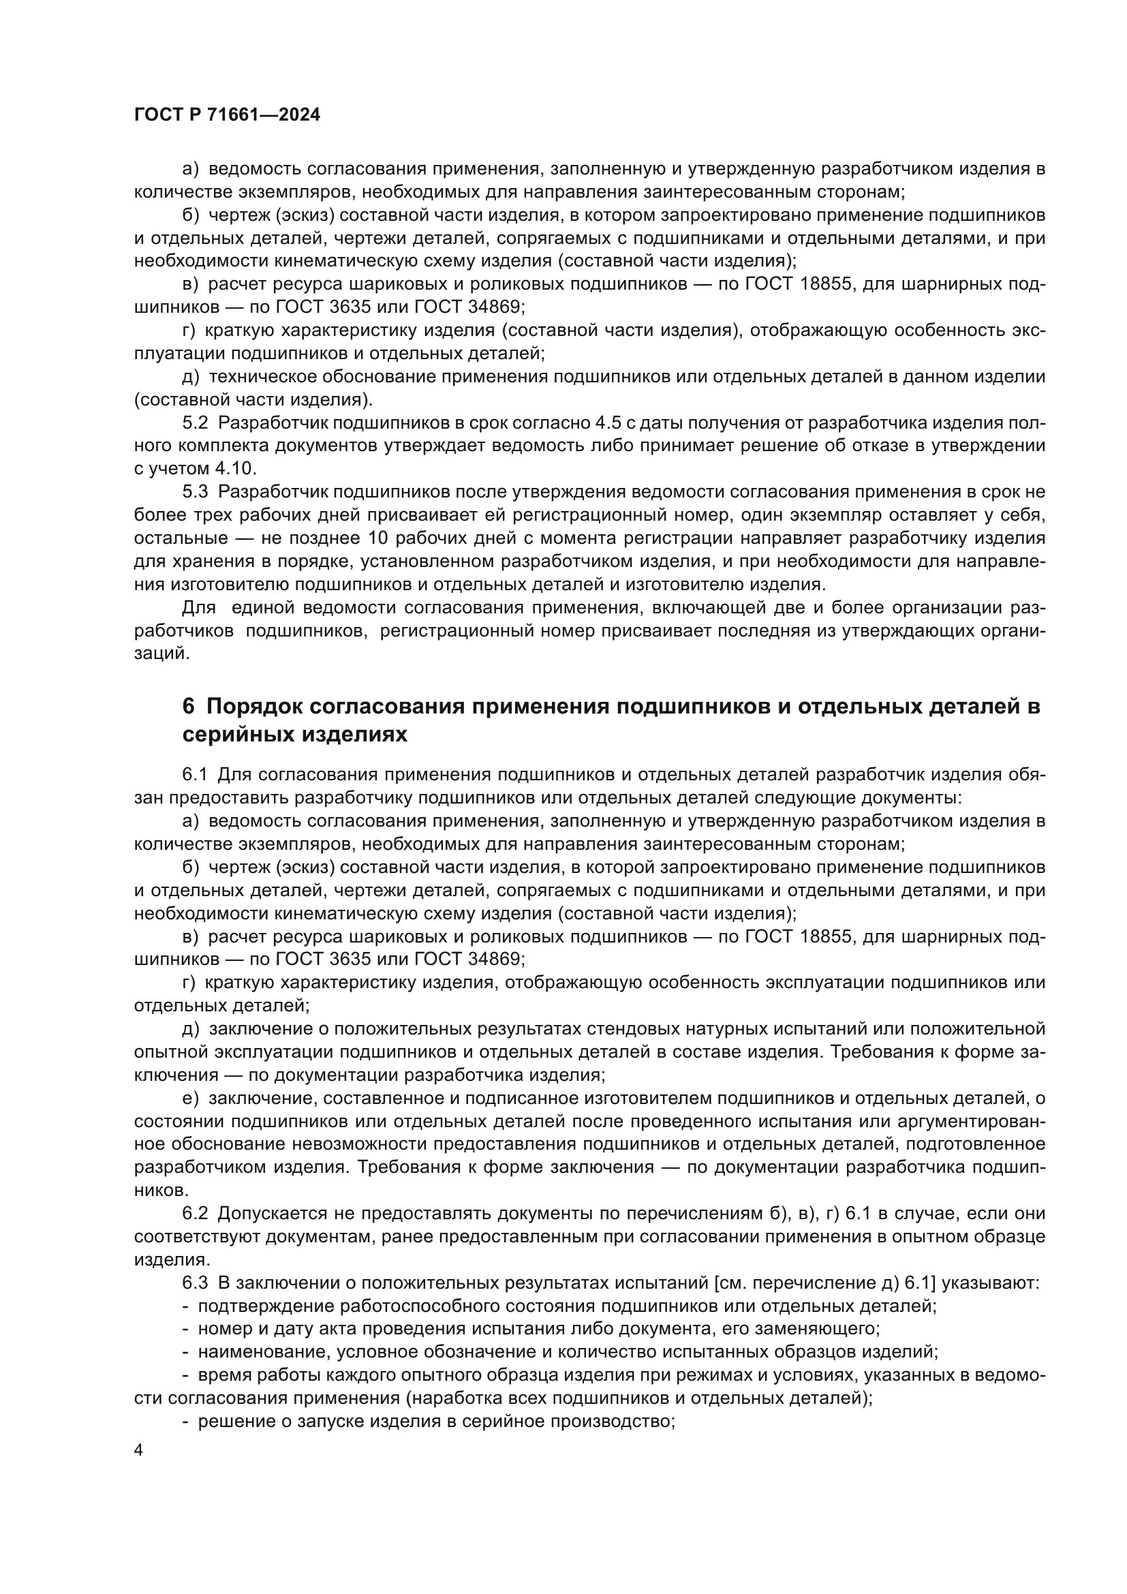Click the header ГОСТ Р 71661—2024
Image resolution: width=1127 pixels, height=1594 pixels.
227,115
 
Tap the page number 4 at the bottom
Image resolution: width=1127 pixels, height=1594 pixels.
139,1451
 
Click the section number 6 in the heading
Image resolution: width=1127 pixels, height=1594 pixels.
189,707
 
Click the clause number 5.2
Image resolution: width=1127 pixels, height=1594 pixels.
195,423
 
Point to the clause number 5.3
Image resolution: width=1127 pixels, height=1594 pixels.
195,492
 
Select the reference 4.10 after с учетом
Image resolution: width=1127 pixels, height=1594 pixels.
235,469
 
